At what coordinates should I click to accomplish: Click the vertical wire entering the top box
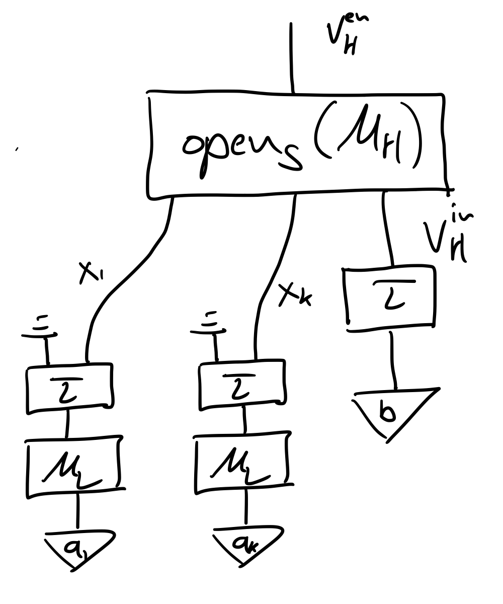pyautogui.click(x=291, y=58)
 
